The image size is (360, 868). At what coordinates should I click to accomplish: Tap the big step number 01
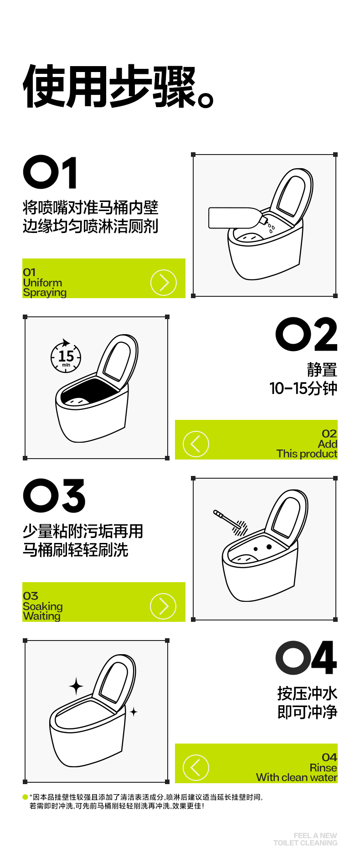(x=50, y=172)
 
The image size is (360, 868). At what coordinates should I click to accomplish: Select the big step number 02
(x=306, y=334)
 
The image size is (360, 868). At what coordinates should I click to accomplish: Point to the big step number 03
(x=54, y=496)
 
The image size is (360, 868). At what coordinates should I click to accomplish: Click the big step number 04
(x=306, y=657)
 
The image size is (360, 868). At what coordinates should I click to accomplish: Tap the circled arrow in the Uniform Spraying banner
(x=163, y=283)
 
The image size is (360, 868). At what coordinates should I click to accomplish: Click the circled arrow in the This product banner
(x=196, y=444)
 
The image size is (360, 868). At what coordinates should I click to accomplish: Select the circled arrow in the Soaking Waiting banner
(x=163, y=606)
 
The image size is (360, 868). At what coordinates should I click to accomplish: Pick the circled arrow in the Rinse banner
(x=196, y=768)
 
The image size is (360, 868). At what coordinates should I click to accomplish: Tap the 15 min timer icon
(x=66, y=356)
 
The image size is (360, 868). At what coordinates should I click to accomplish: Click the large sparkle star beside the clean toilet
(x=76, y=686)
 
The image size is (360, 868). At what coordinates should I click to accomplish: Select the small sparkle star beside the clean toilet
(x=134, y=711)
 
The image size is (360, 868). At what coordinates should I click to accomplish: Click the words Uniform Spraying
(x=45, y=288)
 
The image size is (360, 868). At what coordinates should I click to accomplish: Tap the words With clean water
(x=297, y=777)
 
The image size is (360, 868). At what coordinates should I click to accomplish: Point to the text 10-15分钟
(x=303, y=388)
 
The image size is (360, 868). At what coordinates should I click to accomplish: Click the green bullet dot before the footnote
(x=25, y=797)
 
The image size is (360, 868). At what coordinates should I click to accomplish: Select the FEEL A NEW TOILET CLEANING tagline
(x=305, y=839)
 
